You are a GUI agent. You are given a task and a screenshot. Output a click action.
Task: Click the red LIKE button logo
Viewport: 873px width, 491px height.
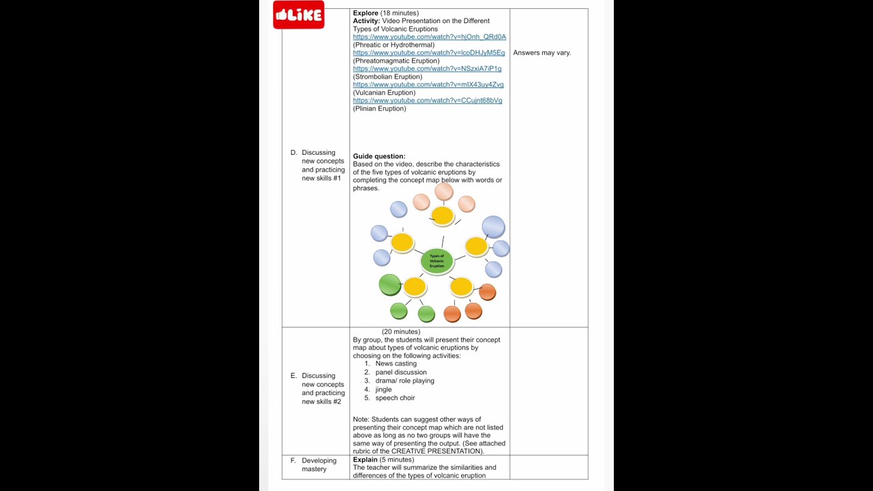pos(298,15)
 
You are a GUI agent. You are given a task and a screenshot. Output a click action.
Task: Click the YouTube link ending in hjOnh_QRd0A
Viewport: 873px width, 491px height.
pos(429,37)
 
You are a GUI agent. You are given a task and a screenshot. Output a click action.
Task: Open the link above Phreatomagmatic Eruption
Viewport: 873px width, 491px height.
pos(428,53)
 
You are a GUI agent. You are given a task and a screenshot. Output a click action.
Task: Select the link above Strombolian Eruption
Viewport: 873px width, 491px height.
pos(427,69)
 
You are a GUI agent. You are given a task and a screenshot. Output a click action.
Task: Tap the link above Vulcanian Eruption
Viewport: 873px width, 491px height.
pos(428,85)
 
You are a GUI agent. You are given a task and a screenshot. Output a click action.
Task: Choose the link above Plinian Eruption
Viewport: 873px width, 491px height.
pos(427,100)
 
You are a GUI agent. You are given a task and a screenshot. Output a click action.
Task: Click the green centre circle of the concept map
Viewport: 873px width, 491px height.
pos(436,261)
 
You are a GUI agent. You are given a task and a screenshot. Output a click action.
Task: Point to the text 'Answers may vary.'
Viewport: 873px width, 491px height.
pos(542,53)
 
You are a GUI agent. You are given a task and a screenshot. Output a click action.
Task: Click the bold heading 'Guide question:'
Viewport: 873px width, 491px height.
pos(379,156)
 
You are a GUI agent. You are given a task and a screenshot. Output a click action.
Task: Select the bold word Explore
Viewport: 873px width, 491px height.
pos(366,13)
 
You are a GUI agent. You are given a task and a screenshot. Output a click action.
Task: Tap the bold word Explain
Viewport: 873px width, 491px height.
pos(365,460)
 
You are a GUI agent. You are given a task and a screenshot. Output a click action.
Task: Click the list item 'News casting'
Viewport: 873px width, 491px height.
pos(396,363)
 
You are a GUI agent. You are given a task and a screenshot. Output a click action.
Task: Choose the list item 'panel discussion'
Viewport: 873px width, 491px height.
pos(400,372)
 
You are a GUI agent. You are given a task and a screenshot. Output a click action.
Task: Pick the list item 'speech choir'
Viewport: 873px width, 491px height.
pos(395,398)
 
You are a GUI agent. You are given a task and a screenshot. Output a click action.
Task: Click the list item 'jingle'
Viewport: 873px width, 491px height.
pos(383,389)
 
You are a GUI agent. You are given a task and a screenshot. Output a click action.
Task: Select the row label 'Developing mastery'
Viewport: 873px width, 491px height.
pos(319,464)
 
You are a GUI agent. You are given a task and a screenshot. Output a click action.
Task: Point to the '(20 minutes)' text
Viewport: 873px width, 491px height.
pos(401,331)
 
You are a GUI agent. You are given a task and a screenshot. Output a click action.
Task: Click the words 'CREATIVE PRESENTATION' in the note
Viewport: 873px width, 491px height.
pos(436,451)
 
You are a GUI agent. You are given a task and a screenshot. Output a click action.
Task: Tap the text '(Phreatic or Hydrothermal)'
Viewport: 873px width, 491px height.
pos(394,45)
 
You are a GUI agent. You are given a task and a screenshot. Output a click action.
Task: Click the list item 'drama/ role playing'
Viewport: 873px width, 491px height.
pos(404,381)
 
